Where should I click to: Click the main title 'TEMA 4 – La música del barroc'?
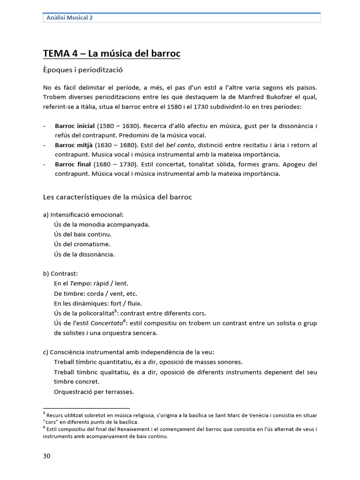112,54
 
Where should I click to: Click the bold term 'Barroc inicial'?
75,126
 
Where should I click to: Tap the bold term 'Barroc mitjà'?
74,145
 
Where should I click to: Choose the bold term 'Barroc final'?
73,164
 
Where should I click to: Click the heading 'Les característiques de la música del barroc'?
118,197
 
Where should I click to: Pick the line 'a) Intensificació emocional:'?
83,215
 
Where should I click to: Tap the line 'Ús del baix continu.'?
83,234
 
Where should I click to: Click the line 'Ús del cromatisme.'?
82,244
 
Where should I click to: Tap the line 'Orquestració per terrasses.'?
94,391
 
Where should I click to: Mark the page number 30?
46,456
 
